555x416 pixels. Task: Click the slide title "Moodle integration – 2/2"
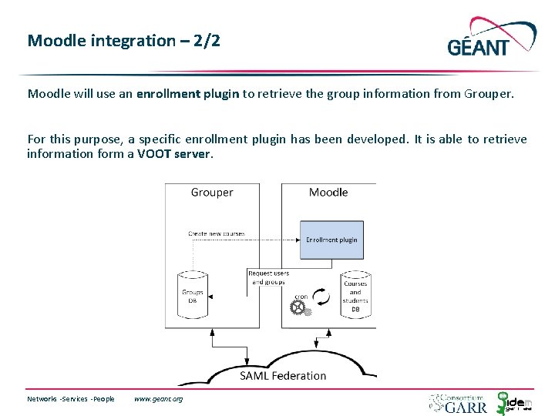pos(123,41)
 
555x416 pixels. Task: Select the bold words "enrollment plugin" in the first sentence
pos(188,94)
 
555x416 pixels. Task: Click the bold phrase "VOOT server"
pos(173,153)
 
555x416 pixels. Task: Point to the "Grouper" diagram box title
pos(212,192)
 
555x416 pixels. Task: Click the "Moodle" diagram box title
pos(328,192)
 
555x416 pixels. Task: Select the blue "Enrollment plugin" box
pos(331,240)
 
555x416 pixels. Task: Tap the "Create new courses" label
pos(217,233)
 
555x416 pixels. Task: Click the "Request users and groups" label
pos(269,277)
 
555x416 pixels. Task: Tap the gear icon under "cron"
pos(298,308)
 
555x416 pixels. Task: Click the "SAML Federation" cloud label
pos(283,376)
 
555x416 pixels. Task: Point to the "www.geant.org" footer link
pos(158,399)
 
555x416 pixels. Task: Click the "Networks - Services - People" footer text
pos(71,399)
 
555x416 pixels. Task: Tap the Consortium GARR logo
pos(458,403)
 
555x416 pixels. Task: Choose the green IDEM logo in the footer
pos(513,402)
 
